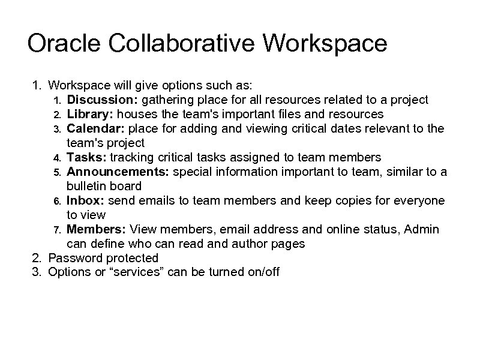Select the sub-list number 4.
tap(57, 158)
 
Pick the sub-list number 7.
tap(57, 230)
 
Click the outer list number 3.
tap(37, 272)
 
